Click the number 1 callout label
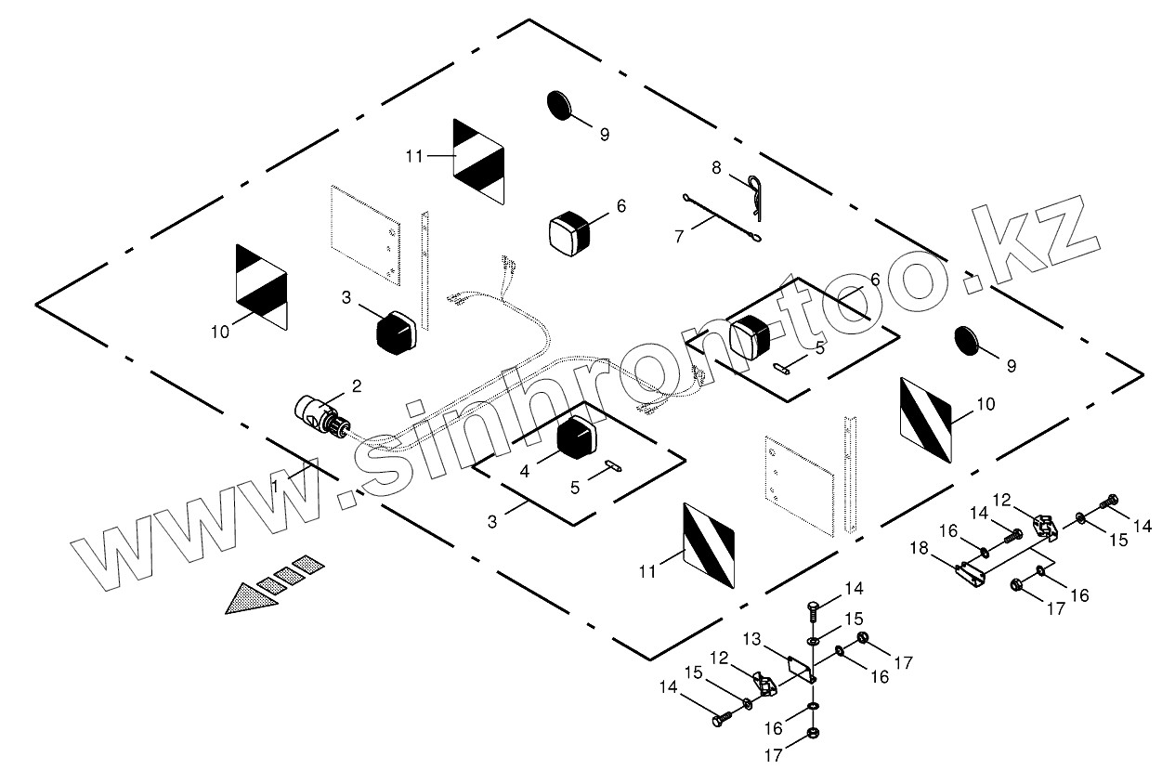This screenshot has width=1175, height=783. [276, 485]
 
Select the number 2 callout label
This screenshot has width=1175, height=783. [356, 385]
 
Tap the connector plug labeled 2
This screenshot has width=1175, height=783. [320, 414]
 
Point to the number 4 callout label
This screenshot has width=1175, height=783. [525, 471]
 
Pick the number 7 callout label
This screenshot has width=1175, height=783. [679, 237]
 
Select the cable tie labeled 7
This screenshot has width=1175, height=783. [722, 218]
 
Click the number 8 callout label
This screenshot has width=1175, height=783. [716, 168]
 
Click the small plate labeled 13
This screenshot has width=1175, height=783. [797, 666]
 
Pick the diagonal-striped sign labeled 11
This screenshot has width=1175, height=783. [709, 544]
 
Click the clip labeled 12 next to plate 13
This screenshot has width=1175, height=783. [765, 685]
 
